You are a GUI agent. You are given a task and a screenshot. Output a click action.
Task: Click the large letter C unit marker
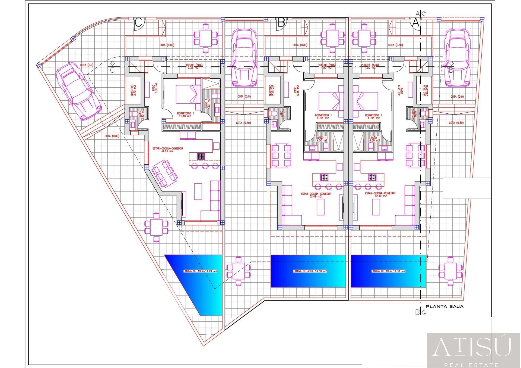tap(138, 23)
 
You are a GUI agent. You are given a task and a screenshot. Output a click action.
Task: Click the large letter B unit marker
tap(281, 23)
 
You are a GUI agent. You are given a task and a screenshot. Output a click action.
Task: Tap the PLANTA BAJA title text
tap(444, 307)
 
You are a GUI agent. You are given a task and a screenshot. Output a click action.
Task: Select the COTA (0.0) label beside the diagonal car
tap(87, 65)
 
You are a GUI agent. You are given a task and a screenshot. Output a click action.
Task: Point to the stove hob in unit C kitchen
tap(201, 156)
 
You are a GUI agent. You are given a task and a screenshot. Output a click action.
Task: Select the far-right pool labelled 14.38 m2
tap(388, 271)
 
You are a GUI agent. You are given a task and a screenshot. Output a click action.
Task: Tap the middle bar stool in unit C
tap(205, 166)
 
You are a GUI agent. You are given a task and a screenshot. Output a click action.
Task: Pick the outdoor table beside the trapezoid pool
tap(156, 227)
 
